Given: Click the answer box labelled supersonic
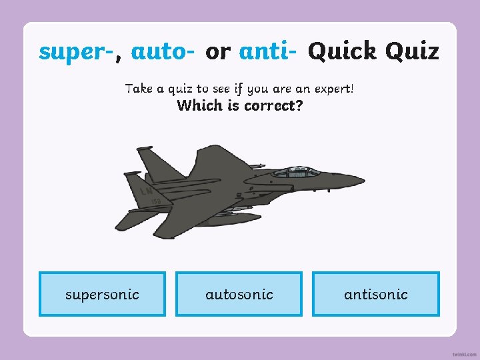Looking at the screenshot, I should [102, 294].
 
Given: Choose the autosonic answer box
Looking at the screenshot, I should [239, 294].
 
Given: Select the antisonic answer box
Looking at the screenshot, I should [376, 294].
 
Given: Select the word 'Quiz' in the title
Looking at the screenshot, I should [413, 51].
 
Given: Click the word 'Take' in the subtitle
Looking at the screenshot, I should [139, 89].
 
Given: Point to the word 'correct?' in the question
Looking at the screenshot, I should [271, 105].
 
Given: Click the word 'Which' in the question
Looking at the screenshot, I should [199, 105].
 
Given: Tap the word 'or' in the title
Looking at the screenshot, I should [217, 51].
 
